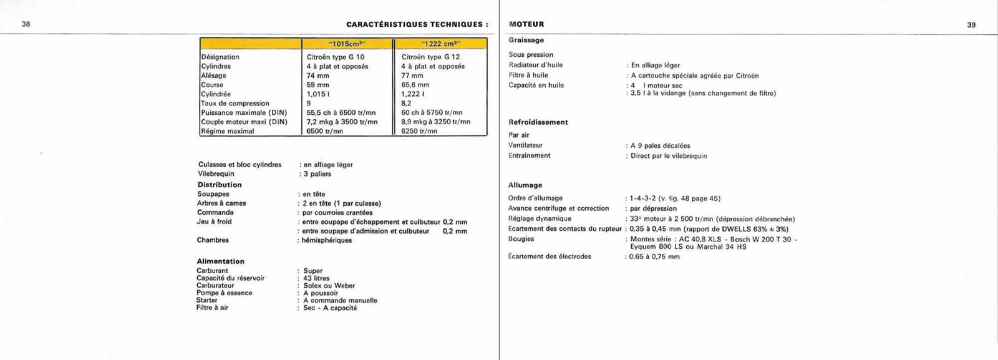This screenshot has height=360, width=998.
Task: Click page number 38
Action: click(x=26, y=24)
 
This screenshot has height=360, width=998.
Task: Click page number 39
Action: click(x=971, y=25)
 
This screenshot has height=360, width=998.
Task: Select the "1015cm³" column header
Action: click(x=347, y=44)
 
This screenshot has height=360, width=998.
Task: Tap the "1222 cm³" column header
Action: click(x=440, y=44)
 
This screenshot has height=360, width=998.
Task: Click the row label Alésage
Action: click(x=213, y=75)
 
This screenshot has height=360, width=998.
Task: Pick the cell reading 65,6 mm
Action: click(x=415, y=85)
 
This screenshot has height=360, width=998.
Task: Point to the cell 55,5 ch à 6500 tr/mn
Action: click(x=341, y=113)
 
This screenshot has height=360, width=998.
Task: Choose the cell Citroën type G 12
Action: click(x=430, y=57)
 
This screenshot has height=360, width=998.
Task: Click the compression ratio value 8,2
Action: click(x=407, y=104)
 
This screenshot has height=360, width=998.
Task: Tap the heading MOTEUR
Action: click(x=526, y=24)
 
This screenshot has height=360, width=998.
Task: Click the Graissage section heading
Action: click(x=526, y=40)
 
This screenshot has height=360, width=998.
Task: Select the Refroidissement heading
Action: click(x=538, y=122)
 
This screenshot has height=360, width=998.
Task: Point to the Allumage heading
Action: click(x=525, y=185)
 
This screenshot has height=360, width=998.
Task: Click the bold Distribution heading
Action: click(x=220, y=185)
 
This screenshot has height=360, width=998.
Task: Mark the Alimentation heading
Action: click(x=220, y=261)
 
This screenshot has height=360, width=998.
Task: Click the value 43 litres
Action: click(x=316, y=278)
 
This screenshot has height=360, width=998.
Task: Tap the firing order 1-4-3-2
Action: click(x=642, y=198)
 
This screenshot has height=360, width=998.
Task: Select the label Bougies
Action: click(x=521, y=239)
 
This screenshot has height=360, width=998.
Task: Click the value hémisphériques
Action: click(x=327, y=240)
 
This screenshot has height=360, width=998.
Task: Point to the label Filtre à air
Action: click(x=212, y=308)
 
